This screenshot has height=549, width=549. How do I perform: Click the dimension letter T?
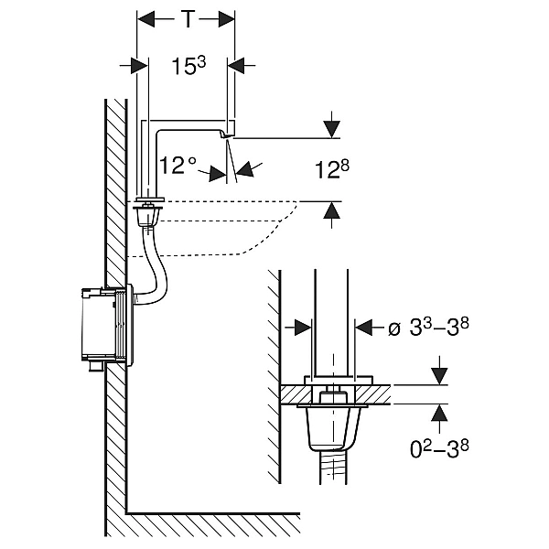(x=187, y=18)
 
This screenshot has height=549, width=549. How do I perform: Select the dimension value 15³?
(x=188, y=65)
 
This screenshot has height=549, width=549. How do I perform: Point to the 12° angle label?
(x=178, y=165)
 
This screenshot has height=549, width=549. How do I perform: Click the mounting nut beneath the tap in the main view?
(x=146, y=216)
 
